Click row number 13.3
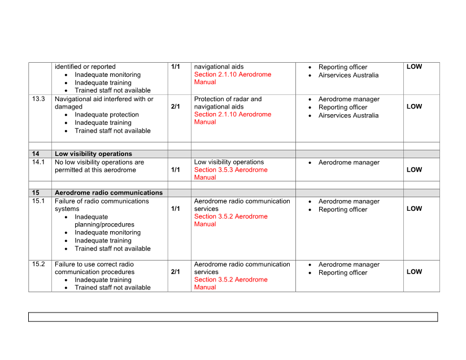pyautogui.click(x=38, y=99)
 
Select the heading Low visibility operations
pyautogui.click(x=93, y=154)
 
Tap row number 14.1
pyautogui.click(x=38, y=162)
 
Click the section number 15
pyautogui.click(x=36, y=193)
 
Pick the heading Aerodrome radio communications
pyautogui.click(x=108, y=193)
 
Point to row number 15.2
pyautogui.click(x=38, y=264)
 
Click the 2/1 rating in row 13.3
pyautogui.click(x=175, y=107)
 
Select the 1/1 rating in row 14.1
pyautogui.click(x=175, y=170)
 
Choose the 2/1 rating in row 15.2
pyautogui.click(x=175, y=272)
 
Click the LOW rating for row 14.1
pyautogui.click(x=414, y=170)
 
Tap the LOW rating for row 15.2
pyautogui.click(x=414, y=272)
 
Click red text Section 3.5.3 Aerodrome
pyautogui.click(x=230, y=170)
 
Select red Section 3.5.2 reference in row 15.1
pyautogui.click(x=230, y=216)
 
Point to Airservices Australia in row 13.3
pyautogui.click(x=348, y=115)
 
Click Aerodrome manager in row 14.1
pyautogui.click(x=349, y=163)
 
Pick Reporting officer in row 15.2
pyautogui.click(x=342, y=272)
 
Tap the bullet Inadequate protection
pyautogui.click(x=106, y=115)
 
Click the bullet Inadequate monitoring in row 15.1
pyautogui.click(x=107, y=232)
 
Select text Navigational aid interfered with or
pyautogui.click(x=104, y=99)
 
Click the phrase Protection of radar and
pyautogui.click(x=228, y=99)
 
